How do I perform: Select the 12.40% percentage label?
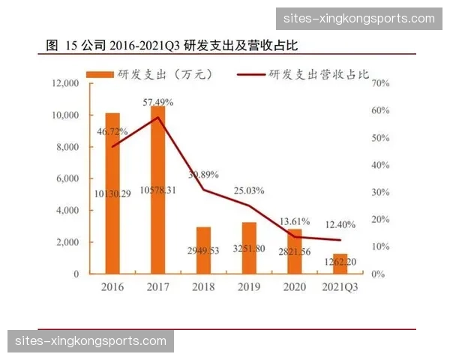340,224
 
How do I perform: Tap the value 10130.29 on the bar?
112,194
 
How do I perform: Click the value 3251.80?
249,248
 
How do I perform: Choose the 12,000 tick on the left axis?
65,83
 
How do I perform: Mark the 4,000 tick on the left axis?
67,211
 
